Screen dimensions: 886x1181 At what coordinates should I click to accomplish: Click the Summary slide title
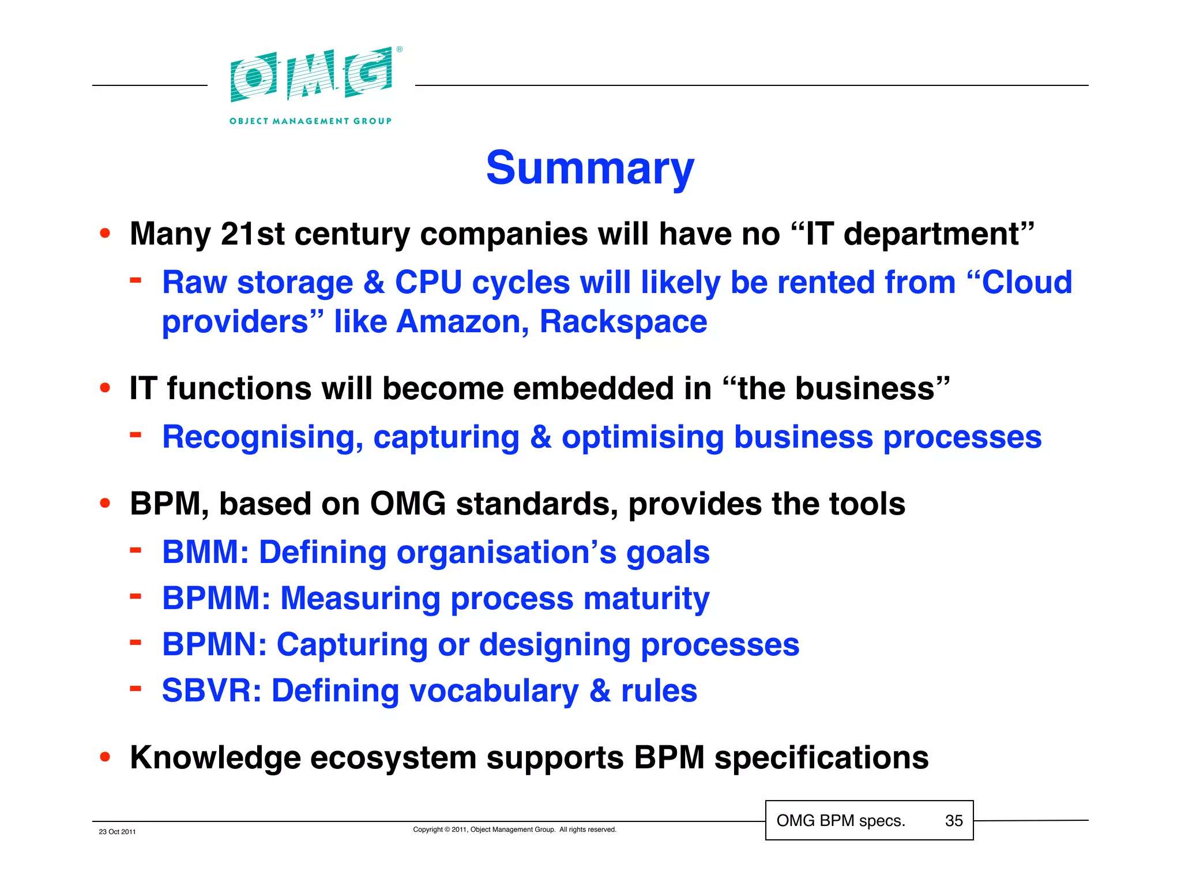click(590, 168)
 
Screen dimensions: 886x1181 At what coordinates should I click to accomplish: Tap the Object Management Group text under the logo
click(310, 121)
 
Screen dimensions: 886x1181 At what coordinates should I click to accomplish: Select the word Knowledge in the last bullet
click(215, 757)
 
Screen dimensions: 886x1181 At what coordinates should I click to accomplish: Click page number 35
click(954, 820)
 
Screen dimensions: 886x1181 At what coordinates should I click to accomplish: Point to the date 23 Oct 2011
click(117, 832)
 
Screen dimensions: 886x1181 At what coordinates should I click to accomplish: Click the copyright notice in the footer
click(514, 829)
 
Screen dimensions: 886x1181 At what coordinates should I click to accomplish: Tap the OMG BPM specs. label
click(841, 820)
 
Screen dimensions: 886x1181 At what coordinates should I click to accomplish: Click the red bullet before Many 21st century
click(105, 234)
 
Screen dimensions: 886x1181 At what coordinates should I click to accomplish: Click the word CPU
click(428, 283)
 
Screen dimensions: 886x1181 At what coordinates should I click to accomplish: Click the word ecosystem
click(393, 757)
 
